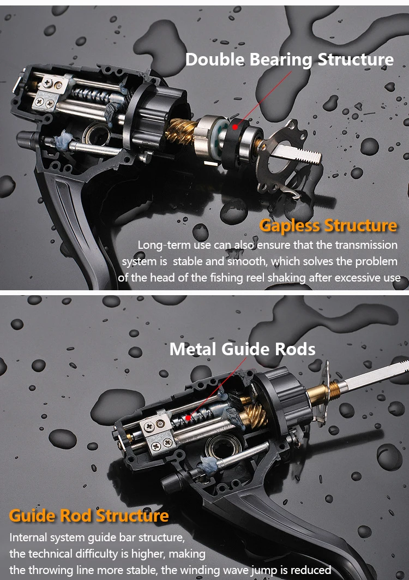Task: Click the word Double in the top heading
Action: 215,59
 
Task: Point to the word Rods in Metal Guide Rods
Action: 296,349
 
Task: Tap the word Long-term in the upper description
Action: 162,245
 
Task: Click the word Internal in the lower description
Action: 29,537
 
